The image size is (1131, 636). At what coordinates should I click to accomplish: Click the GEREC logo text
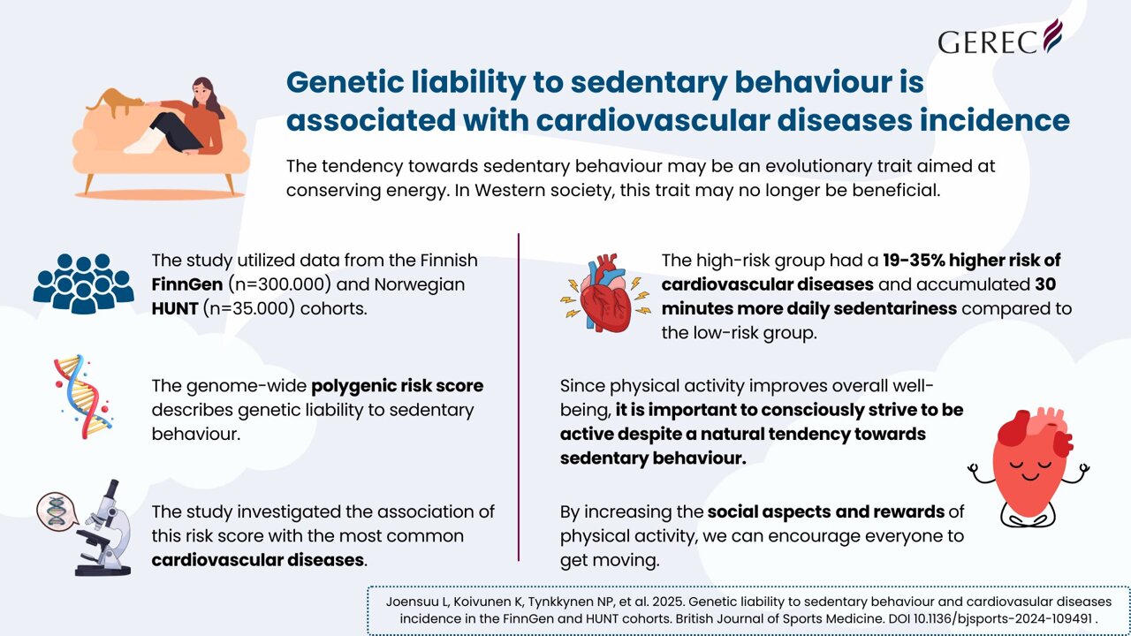point(989,41)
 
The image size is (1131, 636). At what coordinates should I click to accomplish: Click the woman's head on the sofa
point(202,89)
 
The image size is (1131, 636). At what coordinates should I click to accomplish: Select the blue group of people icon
point(83,283)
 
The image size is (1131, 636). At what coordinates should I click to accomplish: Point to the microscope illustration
point(104,529)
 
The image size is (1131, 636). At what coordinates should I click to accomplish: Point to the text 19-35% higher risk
point(972,261)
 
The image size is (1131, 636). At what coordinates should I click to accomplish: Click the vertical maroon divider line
point(519,397)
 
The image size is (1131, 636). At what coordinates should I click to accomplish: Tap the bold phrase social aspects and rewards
point(825,511)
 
